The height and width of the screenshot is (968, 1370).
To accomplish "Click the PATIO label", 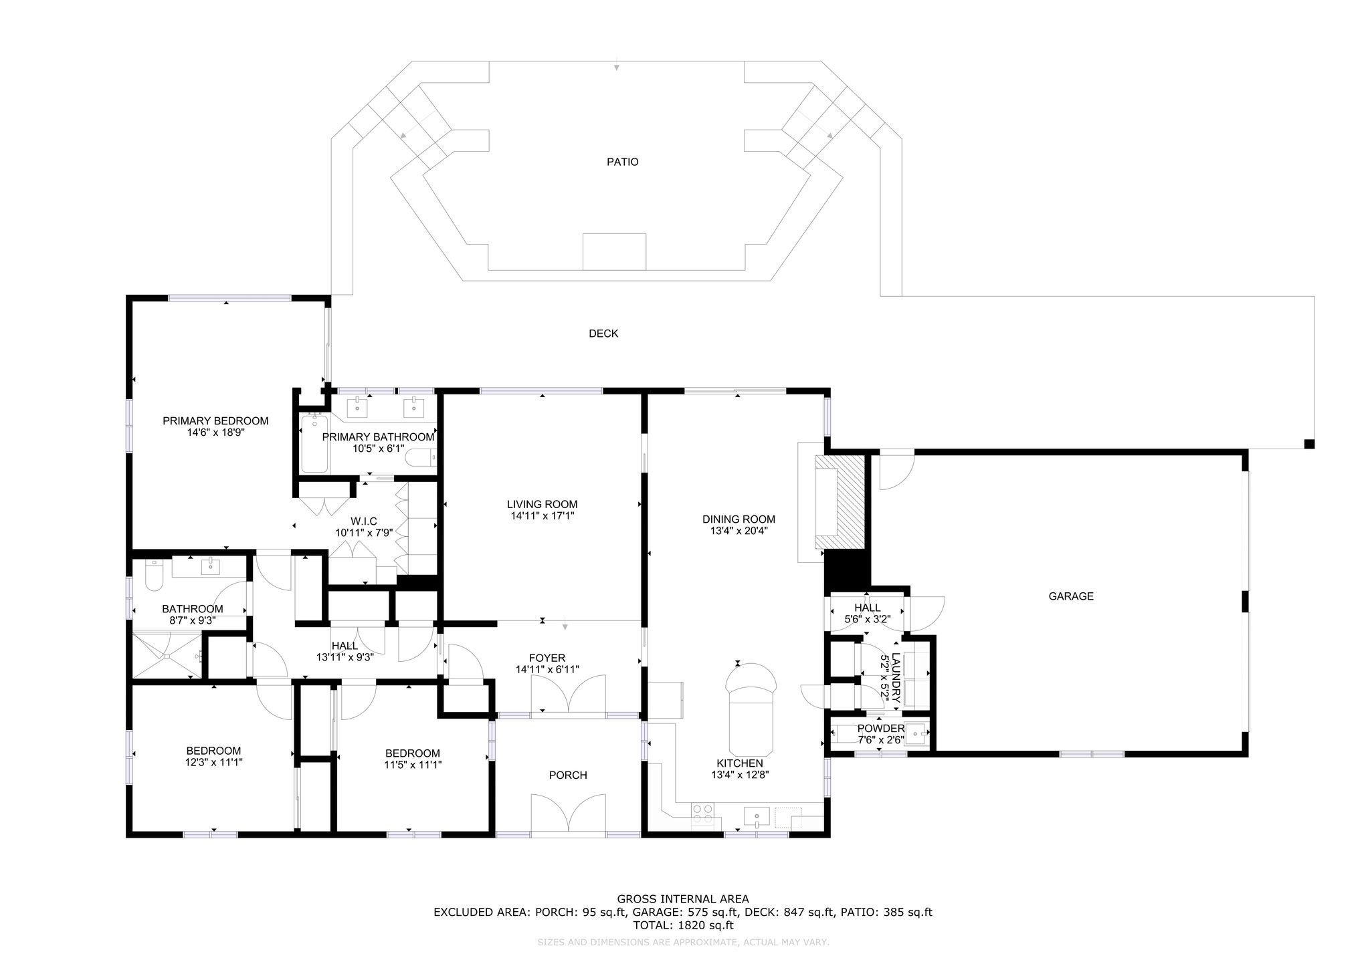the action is [x=622, y=162].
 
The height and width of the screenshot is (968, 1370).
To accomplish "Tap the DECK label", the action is [x=603, y=334].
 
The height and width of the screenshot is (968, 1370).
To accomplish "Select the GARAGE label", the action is [x=1071, y=596].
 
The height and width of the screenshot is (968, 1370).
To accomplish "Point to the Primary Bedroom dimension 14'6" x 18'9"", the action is [x=215, y=433].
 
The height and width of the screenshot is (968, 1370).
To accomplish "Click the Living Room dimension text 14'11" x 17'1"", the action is [x=542, y=516].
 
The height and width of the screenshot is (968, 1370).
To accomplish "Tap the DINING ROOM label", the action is [x=739, y=519].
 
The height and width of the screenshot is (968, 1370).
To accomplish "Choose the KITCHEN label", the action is [x=740, y=763].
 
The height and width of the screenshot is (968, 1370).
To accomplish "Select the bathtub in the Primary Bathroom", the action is [x=314, y=443].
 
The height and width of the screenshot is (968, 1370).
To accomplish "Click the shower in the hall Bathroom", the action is [x=167, y=656].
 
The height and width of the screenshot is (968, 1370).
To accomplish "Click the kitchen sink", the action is [x=757, y=816].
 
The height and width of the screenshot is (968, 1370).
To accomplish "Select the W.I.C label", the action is [x=364, y=521].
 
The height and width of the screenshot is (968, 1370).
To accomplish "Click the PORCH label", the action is [x=568, y=775].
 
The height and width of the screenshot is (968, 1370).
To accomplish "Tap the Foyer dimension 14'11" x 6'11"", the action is [x=547, y=669].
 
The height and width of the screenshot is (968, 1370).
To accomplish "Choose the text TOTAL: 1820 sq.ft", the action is [x=683, y=926].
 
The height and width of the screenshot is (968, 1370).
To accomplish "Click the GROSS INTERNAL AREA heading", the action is [x=683, y=899].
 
